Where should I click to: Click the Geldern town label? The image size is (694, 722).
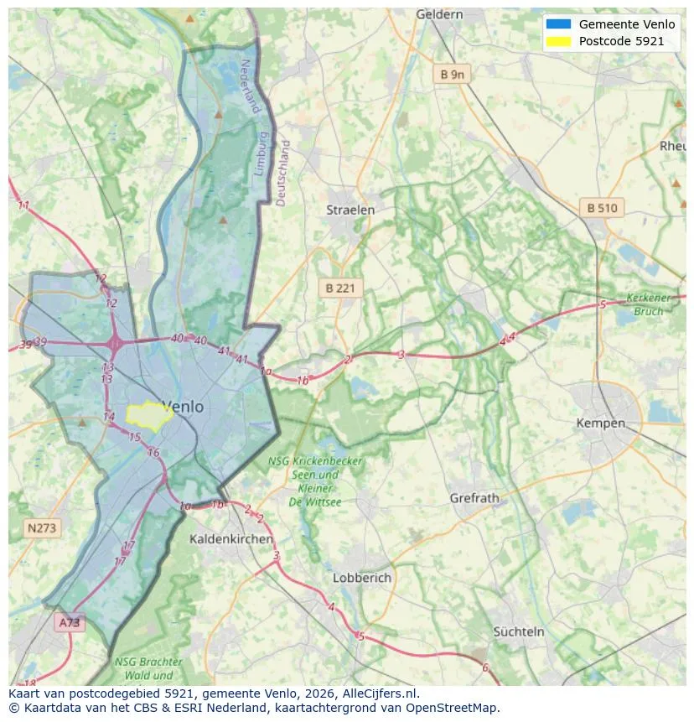(x=439, y=14)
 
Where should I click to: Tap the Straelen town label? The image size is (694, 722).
(x=350, y=210)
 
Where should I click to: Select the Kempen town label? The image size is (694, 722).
(x=600, y=423)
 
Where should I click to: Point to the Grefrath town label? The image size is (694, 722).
(x=474, y=497)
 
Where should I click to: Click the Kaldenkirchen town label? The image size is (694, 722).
(x=230, y=538)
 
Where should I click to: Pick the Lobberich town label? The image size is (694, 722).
(x=361, y=578)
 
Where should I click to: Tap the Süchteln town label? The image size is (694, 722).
(x=518, y=631)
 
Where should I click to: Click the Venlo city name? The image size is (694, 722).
(x=182, y=407)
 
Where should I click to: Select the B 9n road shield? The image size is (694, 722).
(x=452, y=75)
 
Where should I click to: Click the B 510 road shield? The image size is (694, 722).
(x=602, y=208)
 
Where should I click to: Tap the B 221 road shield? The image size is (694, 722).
(x=340, y=288)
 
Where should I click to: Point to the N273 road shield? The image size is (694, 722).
(x=41, y=527)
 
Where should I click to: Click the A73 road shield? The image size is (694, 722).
(x=70, y=622)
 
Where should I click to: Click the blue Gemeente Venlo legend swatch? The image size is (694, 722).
(x=558, y=24)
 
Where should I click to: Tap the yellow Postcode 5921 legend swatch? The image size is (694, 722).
(x=558, y=41)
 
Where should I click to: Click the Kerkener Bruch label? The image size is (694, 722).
(x=650, y=304)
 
